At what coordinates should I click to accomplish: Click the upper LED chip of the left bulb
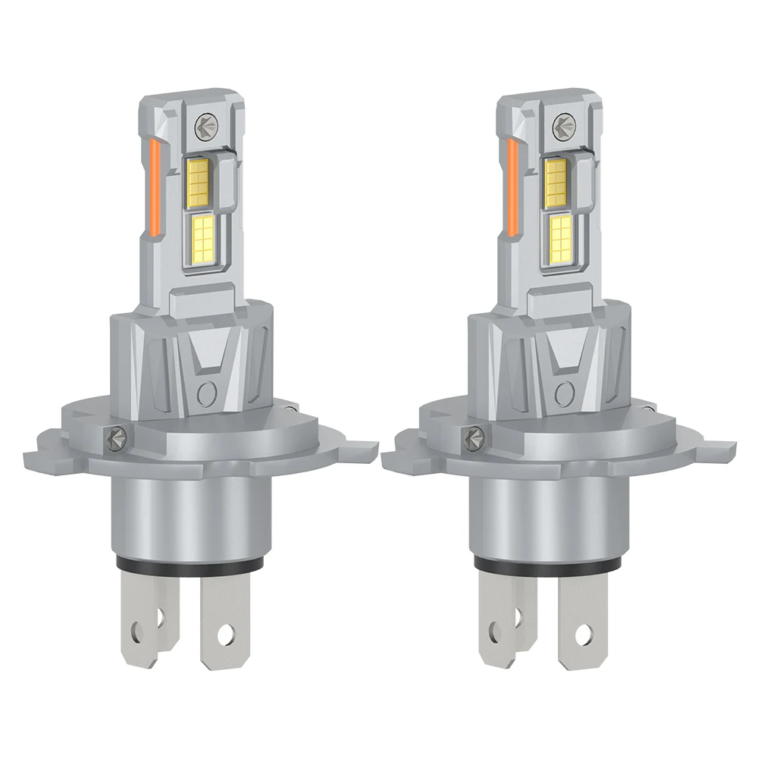198,180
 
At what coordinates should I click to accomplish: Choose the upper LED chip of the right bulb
556,180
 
